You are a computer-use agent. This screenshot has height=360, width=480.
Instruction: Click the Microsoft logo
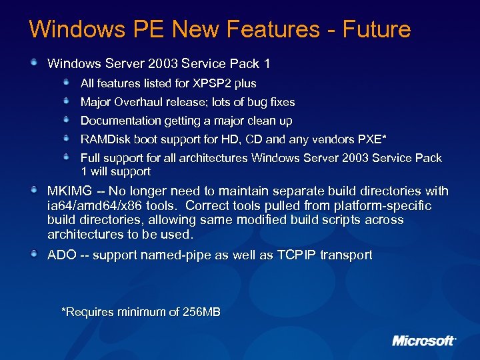423,341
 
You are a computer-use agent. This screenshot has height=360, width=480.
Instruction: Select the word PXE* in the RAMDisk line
373,139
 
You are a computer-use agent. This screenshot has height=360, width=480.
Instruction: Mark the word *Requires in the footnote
87,312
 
